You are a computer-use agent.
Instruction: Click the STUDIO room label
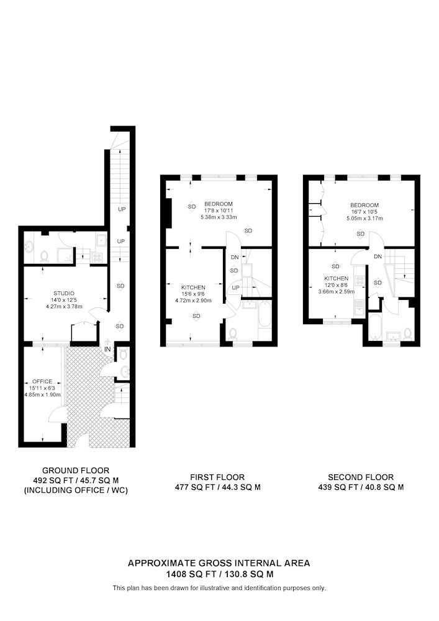pos(64,294)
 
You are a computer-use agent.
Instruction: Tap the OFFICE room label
pos(42,381)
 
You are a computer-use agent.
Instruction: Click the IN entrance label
pos(107,350)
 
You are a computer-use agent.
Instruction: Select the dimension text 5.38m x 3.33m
pos(219,217)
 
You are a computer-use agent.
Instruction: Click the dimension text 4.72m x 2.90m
pos(193,301)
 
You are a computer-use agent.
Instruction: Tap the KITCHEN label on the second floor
pos(336,278)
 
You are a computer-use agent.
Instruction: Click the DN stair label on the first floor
pos(235,258)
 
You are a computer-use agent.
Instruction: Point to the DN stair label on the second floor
pos(378,256)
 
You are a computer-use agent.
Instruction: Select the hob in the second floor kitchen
pos(360,281)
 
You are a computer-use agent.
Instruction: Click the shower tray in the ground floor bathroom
pos(65,255)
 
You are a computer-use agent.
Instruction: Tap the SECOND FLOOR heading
pos(361,477)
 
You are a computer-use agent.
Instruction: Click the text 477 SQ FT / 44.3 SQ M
pos(218,487)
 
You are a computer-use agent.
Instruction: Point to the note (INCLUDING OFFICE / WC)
pos(76,491)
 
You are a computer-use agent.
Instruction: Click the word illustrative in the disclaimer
pos(215,588)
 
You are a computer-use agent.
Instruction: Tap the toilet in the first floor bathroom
pos(233,334)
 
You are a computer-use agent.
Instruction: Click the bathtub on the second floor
pos(374,327)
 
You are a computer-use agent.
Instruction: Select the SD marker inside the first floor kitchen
pos(197,316)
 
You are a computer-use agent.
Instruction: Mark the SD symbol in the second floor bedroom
pos(361,234)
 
